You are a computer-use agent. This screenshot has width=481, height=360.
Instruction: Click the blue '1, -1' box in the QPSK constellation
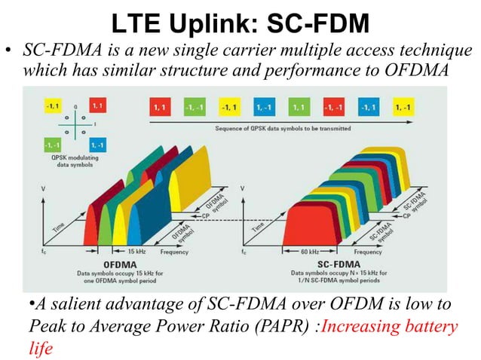[x=98, y=143]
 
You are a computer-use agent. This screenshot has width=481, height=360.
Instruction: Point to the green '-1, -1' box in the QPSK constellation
[x=53, y=143]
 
